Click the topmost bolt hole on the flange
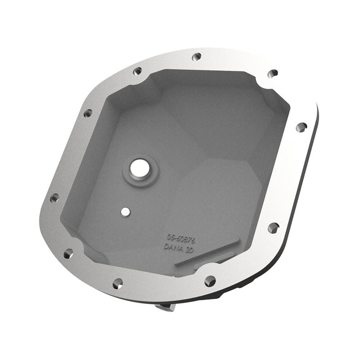click(196, 57)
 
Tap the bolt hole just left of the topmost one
click(137, 71)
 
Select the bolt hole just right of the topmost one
click(272, 73)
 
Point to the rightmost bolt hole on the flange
click(301, 127)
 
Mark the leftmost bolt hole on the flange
click(54, 198)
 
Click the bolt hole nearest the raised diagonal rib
click(210, 281)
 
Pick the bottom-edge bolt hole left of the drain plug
click(117, 283)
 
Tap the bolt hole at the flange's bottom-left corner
click(68, 254)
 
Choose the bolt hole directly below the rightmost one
click(273, 228)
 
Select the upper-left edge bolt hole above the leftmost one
click(88, 113)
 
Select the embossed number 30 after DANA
click(189, 250)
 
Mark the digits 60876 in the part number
click(185, 238)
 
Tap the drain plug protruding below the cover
click(164, 306)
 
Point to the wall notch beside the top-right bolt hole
click(261, 81)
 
